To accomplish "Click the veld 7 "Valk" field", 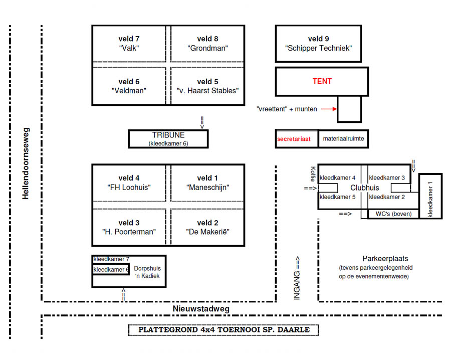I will [x=129, y=44].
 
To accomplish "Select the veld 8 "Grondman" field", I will [x=207, y=44].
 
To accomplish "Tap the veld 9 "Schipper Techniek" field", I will [x=318, y=44].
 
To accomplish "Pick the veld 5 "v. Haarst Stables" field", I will [x=207, y=86].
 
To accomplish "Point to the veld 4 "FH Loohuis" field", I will [x=129, y=183].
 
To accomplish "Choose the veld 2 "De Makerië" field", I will [x=207, y=227].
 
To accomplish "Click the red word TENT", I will [x=322, y=81].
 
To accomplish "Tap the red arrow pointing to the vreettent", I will [x=328, y=109].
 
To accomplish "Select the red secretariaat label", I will [x=297, y=139].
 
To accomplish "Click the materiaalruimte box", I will [x=343, y=139].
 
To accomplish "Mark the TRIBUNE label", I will [x=168, y=135].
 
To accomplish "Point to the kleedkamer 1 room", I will [x=430, y=196].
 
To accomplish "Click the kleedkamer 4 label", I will [x=337, y=178].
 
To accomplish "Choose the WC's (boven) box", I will [x=393, y=214].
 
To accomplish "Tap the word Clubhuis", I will [x=364, y=188].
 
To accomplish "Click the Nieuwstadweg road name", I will [x=201, y=309].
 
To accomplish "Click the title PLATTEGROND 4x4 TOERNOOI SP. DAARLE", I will [x=223, y=330].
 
